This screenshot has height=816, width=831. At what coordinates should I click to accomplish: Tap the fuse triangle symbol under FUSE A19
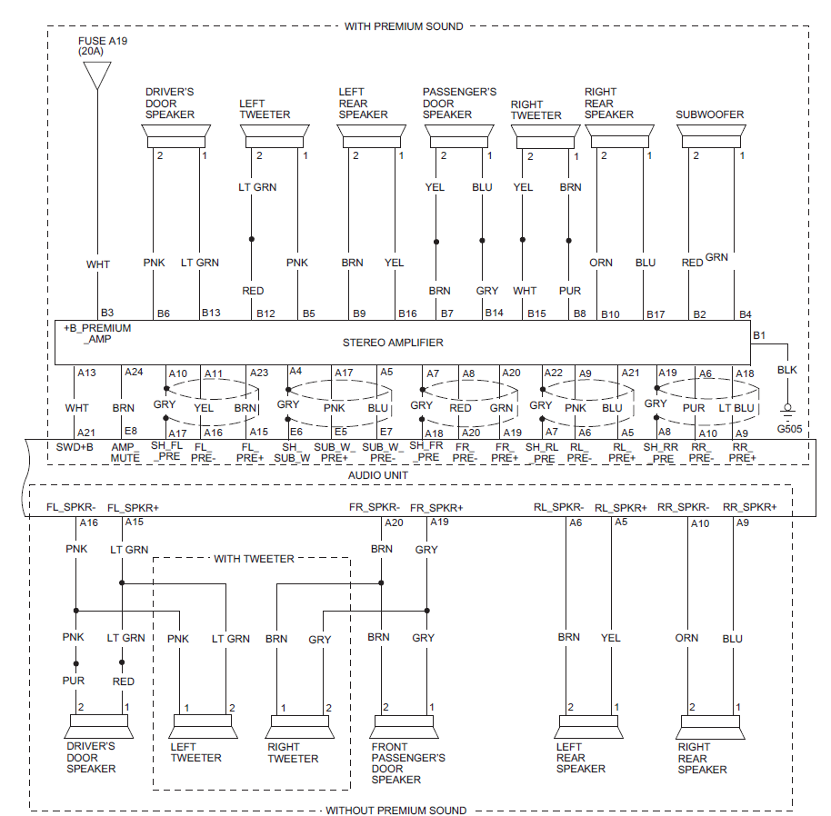coord(96,75)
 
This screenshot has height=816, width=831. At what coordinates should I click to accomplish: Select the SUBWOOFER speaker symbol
coord(710,136)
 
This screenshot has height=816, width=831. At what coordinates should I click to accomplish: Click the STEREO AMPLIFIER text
coord(393,343)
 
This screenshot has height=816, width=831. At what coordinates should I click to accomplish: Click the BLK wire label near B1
coord(787,371)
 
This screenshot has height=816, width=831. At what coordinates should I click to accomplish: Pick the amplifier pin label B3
coord(107,313)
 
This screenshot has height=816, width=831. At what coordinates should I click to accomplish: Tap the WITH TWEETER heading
coord(254,558)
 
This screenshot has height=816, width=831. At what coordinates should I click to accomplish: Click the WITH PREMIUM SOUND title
coord(404,26)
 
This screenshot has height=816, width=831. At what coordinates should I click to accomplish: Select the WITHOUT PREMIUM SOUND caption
coord(395,810)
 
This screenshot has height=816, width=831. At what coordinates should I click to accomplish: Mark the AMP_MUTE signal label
coord(125,453)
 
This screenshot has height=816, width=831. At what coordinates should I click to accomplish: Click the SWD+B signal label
coord(75,447)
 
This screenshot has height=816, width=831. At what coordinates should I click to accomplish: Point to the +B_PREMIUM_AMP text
coord(97,333)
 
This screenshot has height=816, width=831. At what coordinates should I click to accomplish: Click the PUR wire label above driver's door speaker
coord(73,682)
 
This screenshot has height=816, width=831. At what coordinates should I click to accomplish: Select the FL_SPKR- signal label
coord(71,507)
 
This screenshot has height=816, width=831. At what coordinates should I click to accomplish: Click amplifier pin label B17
coord(655,313)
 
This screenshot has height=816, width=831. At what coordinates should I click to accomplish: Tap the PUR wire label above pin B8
coord(570,291)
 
